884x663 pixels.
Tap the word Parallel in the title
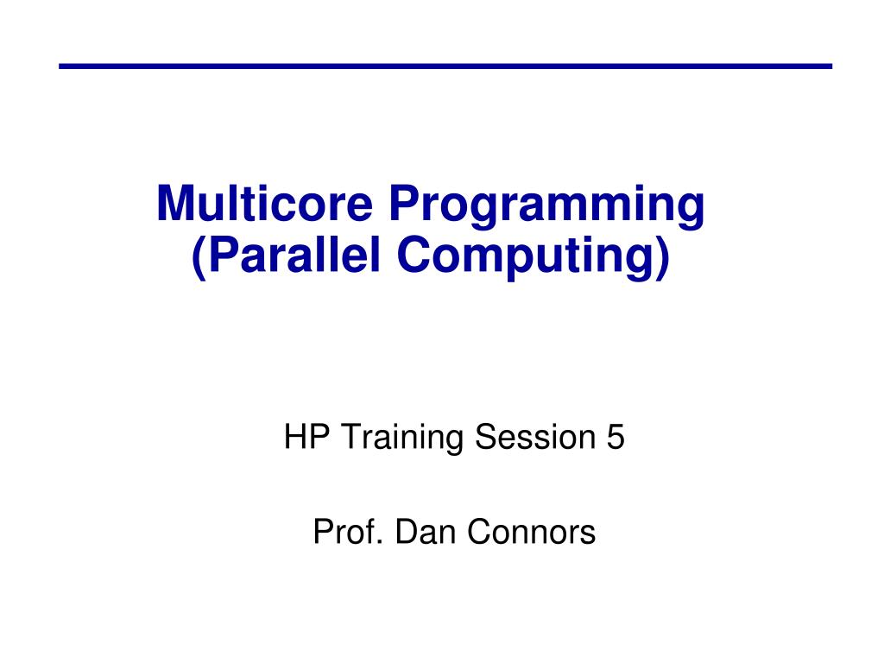click(x=294, y=256)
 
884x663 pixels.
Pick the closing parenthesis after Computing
click(x=662, y=257)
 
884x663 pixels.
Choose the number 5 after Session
click(x=615, y=439)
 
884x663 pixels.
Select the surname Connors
click(x=532, y=533)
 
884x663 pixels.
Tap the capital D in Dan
click(x=404, y=533)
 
